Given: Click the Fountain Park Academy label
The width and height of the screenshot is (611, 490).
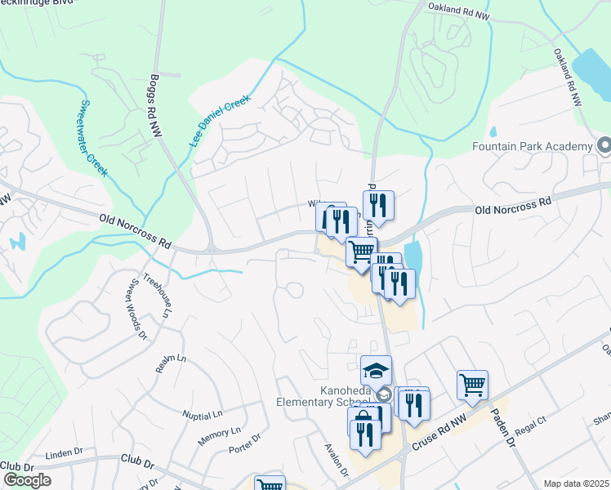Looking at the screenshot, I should point(532,146).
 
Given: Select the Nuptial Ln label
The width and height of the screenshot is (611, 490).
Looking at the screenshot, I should point(203,414).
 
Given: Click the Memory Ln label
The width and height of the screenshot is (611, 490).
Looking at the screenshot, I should point(219,436).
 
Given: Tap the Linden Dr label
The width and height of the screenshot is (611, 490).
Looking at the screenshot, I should point(65,452).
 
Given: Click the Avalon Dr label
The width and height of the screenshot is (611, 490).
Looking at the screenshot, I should point(337,461).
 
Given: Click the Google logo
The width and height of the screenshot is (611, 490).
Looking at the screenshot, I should point(27,480).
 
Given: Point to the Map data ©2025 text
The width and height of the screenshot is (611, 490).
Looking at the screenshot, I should point(577,483).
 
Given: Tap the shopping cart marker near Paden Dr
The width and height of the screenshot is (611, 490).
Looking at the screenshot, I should point(473,384).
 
